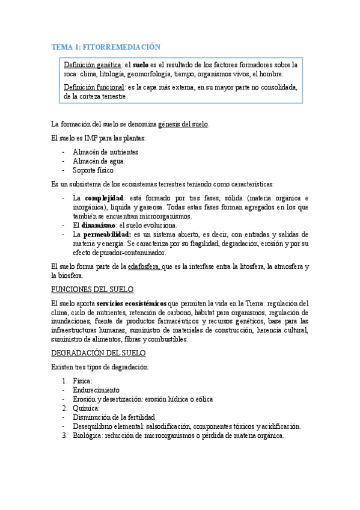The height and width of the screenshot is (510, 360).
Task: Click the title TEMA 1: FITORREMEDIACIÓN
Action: tap(106, 46)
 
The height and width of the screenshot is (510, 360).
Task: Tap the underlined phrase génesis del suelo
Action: tap(183, 124)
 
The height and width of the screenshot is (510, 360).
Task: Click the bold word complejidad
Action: tap(104, 198)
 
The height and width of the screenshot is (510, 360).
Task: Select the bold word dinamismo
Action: tap(102, 226)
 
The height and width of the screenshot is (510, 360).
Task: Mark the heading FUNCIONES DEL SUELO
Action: tap(93, 289)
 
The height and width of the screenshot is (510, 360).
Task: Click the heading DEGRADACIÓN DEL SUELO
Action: tap(99, 353)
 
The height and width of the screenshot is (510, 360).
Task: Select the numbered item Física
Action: tap(82, 381)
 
